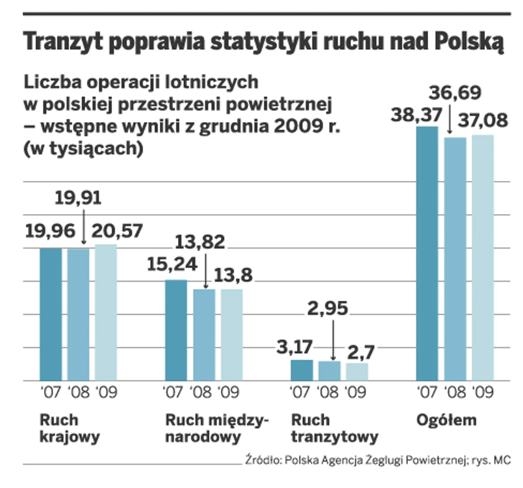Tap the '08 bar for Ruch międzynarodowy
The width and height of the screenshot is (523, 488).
pos(205,334)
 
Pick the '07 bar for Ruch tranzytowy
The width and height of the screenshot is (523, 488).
pos(301,370)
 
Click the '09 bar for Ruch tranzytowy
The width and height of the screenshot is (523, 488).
pos(357,371)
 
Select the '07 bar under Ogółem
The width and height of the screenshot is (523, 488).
pos(427,253)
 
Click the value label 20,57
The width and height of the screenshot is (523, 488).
pos(117,230)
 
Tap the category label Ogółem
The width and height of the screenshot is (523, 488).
pos(446,420)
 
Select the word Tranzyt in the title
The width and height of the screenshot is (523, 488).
pos(62,43)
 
